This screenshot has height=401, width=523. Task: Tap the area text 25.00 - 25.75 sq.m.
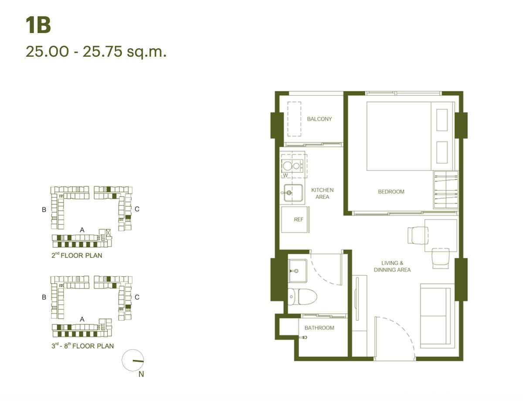(96, 52)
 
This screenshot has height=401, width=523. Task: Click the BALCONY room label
(319, 119)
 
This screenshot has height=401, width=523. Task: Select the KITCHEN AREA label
(322, 193)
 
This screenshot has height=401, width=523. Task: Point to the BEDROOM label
(391, 192)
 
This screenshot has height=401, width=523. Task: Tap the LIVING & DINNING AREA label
(392, 266)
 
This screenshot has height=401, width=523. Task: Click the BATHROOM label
(319, 328)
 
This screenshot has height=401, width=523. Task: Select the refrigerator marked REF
(295, 219)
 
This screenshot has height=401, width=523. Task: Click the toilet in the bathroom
(302, 297)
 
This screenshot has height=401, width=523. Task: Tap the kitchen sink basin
(293, 193)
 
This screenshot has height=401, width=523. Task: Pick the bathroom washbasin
(298, 271)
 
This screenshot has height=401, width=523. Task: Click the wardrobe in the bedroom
(446, 190)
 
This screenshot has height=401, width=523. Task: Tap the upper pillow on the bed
(442, 120)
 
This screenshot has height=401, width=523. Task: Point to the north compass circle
(133, 360)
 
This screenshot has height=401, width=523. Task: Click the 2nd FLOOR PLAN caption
(77, 255)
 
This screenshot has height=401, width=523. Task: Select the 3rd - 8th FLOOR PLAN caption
(82, 346)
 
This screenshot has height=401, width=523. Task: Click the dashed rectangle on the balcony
(294, 119)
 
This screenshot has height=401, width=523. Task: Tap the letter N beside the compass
(141, 374)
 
